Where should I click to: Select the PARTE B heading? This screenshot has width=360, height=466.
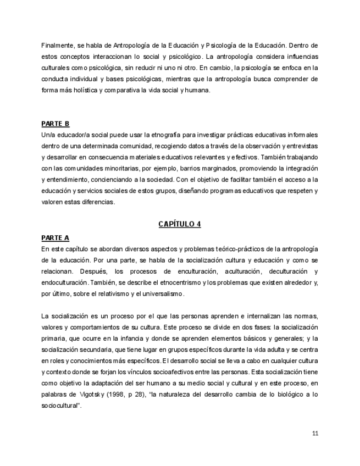[56, 123]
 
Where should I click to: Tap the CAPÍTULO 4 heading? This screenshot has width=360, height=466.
[180, 224]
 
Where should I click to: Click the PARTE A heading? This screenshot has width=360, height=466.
[56, 237]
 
